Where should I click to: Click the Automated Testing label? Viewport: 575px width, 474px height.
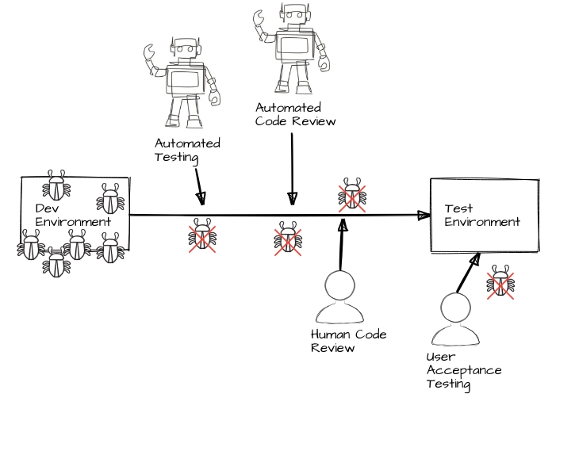point(187,150)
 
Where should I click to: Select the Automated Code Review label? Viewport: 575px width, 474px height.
point(295,114)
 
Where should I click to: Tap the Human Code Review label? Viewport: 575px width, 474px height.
point(348,341)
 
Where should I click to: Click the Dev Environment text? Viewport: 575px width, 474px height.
point(72,215)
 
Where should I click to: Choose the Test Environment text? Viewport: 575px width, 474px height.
point(481,216)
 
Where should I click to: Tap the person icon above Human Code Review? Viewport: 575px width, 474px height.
point(339,299)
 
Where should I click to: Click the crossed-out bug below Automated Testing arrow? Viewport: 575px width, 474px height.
point(203,238)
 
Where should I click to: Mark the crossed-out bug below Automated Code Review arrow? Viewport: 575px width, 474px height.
point(288,239)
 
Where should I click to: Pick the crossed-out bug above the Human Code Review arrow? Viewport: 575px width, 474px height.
point(352,195)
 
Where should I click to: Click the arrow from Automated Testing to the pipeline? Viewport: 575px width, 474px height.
point(198,185)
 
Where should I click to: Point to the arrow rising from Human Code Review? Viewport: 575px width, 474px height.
point(342,247)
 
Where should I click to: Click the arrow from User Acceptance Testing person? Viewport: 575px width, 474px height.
point(468,273)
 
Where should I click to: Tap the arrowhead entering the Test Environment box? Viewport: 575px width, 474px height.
point(423,214)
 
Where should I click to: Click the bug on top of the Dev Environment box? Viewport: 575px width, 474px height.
point(56,185)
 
